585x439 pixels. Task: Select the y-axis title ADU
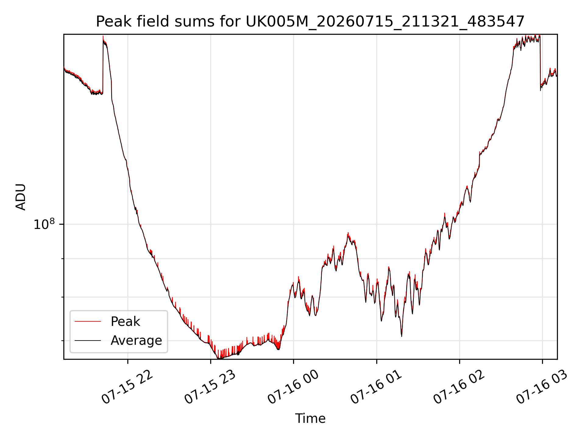21,197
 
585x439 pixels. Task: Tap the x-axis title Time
310,418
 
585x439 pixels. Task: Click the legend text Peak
125,322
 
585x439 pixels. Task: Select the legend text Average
136,340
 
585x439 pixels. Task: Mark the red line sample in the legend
88,321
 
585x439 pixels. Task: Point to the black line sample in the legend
88,340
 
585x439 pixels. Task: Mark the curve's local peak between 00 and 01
348,233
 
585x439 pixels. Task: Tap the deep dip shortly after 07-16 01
402,336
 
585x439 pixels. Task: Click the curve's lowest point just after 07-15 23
219,358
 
